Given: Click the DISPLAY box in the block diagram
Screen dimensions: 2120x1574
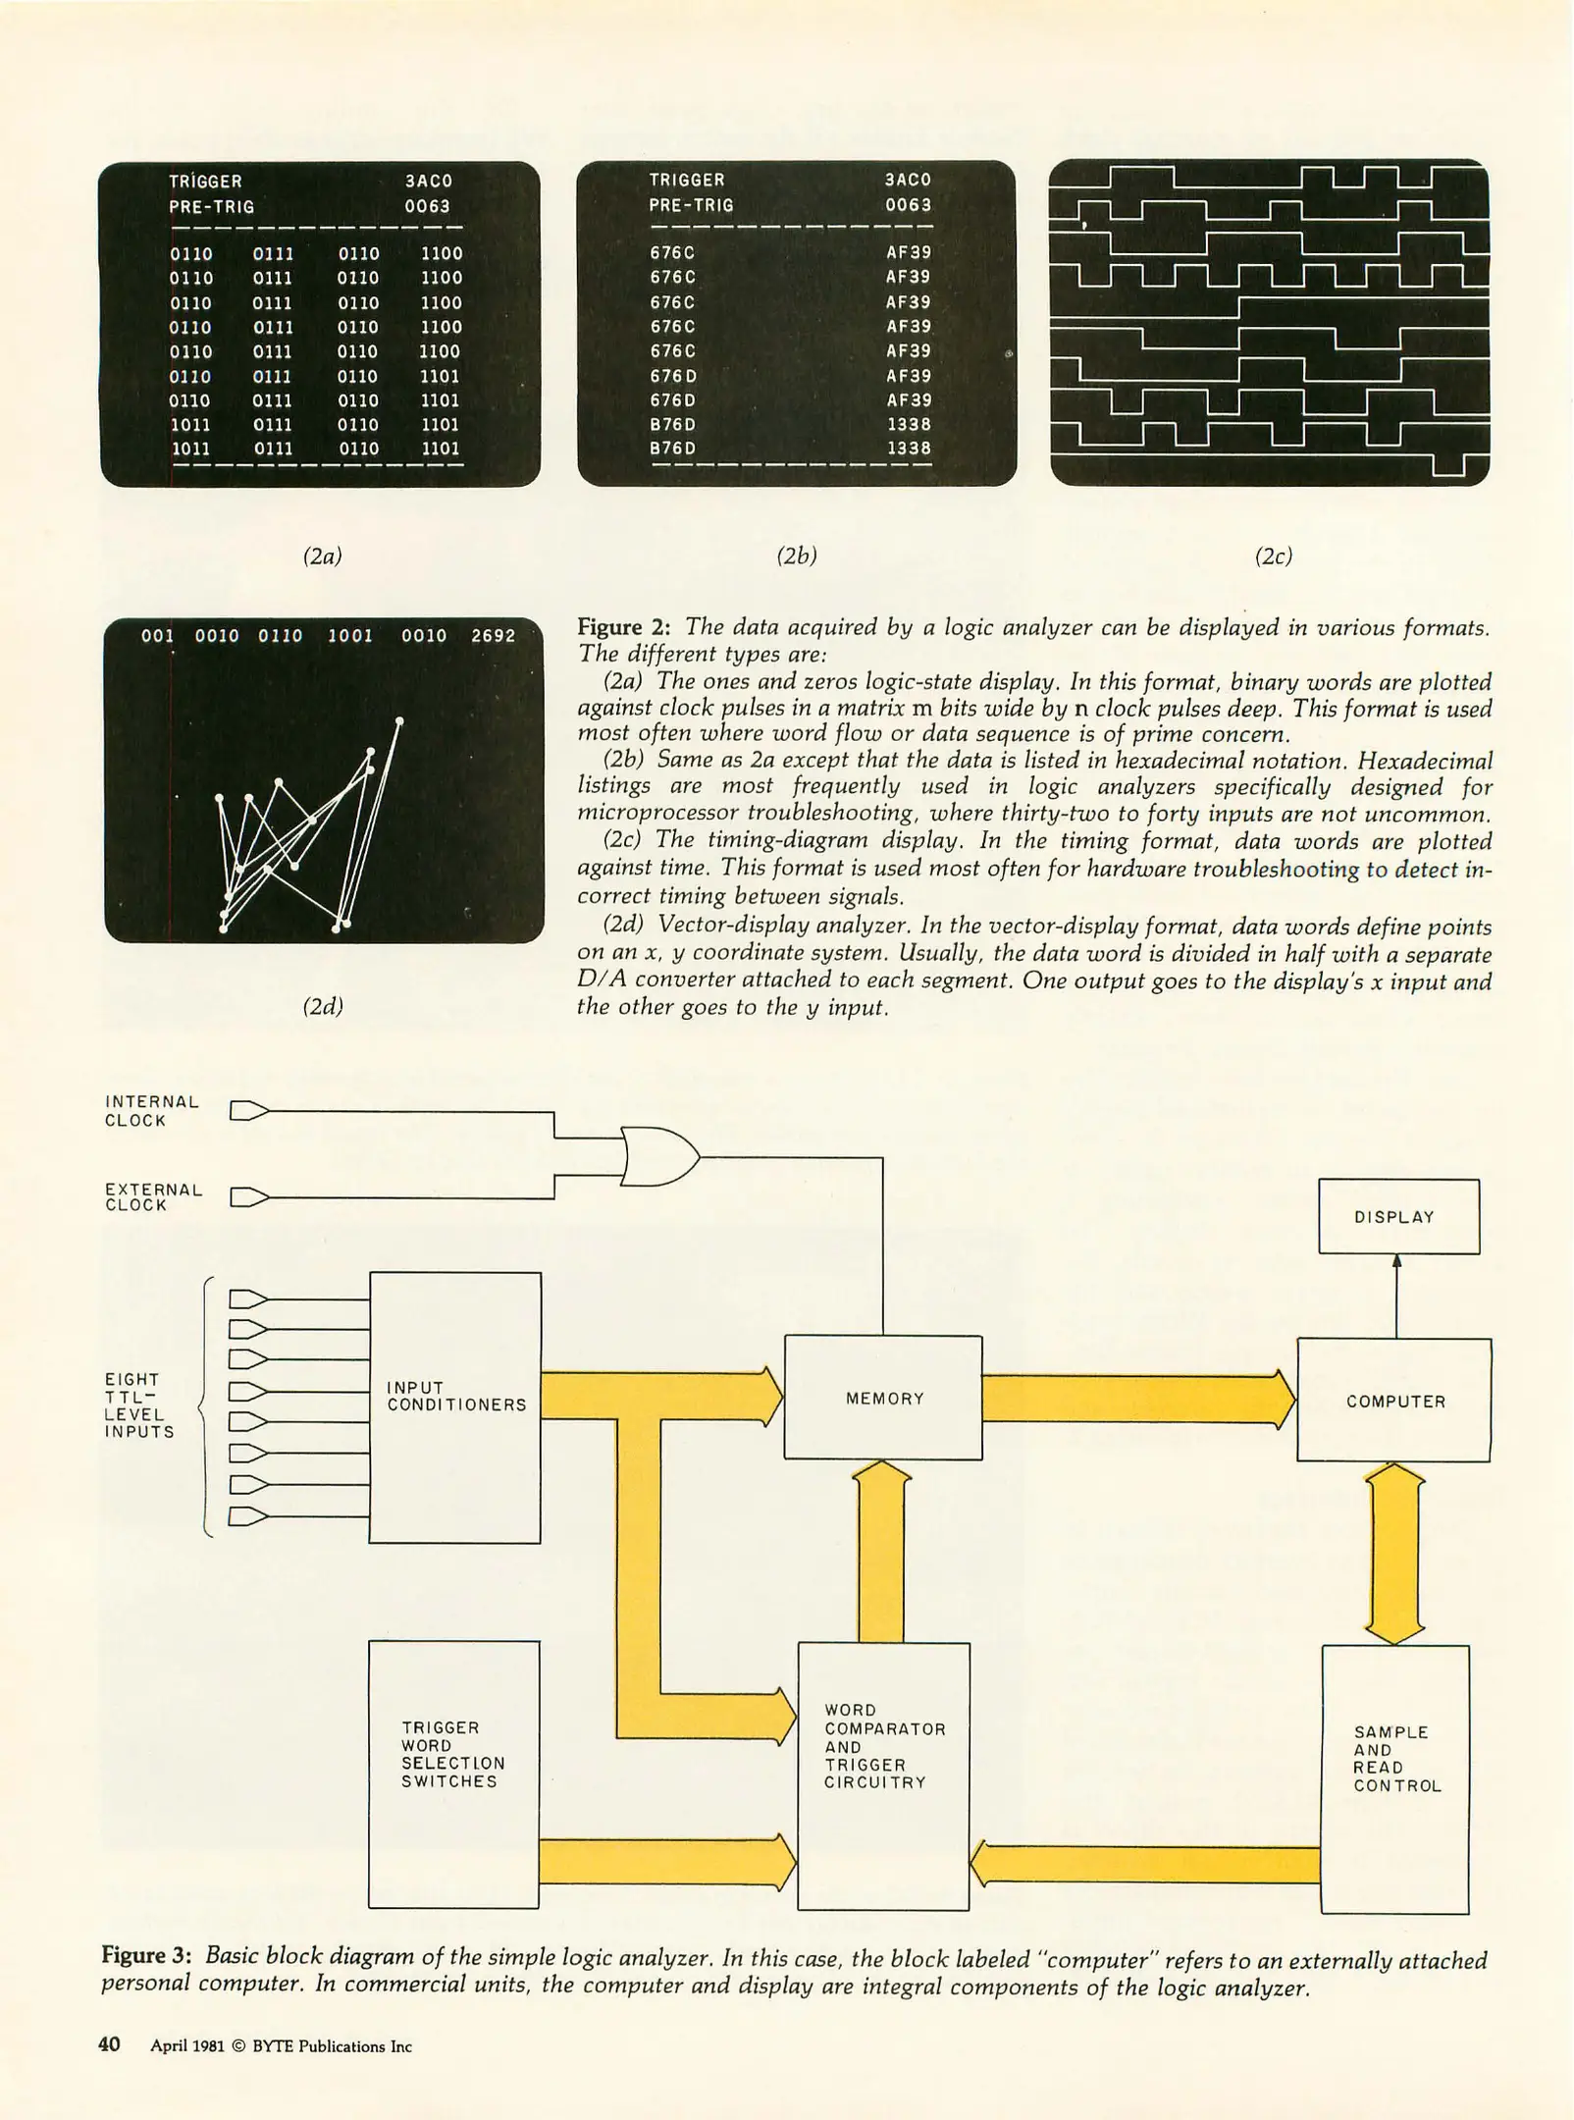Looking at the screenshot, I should point(1398,1216).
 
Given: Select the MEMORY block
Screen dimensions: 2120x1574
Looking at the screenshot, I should point(883,1398).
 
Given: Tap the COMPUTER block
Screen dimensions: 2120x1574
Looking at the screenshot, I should point(1394,1401).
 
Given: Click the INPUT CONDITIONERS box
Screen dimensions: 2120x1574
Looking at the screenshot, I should point(454,1407).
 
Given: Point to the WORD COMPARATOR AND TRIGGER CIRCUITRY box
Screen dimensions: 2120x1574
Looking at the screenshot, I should point(883,1775).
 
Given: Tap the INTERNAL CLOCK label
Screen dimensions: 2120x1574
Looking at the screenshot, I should point(151,1111).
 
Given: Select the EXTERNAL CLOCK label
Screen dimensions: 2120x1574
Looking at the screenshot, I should point(153,1196).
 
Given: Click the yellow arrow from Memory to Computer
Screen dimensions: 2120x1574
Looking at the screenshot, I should point(1138,1399).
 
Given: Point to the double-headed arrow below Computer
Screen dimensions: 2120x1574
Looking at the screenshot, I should point(1394,1553).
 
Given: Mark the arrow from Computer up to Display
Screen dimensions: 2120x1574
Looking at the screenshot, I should point(1396,1296).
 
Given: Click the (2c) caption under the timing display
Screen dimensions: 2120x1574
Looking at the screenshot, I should point(1273,556).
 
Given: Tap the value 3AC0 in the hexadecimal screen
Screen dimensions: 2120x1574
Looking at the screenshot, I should point(908,180).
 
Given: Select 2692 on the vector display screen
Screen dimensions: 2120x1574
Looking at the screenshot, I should point(493,636).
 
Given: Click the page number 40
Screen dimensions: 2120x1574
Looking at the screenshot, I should point(109,2044).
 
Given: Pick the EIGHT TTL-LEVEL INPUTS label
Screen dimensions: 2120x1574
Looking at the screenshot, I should point(139,1405).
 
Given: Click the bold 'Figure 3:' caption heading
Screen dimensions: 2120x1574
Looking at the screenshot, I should point(147,1955).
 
